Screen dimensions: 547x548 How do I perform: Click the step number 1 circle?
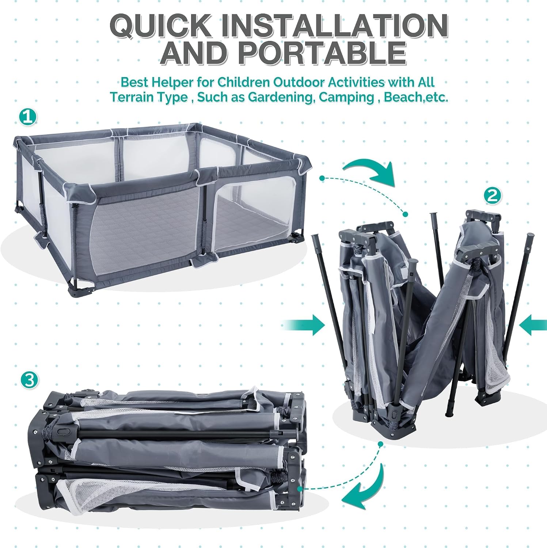[x=28, y=117]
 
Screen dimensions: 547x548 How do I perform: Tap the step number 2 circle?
[x=492, y=196]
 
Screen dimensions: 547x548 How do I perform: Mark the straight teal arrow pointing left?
[x=533, y=325]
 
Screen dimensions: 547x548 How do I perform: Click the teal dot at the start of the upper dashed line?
[x=322, y=178]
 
